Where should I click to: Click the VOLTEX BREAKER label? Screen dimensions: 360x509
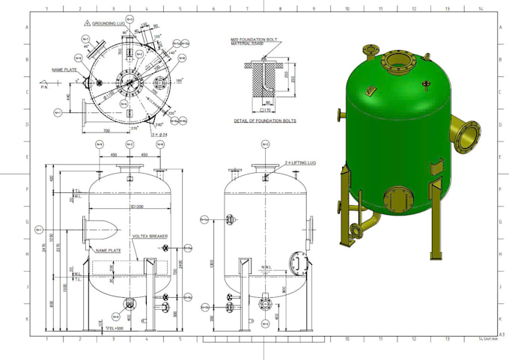[150, 237]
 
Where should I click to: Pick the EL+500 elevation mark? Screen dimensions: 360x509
[115, 329]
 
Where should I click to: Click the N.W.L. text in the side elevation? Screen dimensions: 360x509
[266, 266]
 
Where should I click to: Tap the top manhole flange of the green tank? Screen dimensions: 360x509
[394, 61]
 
